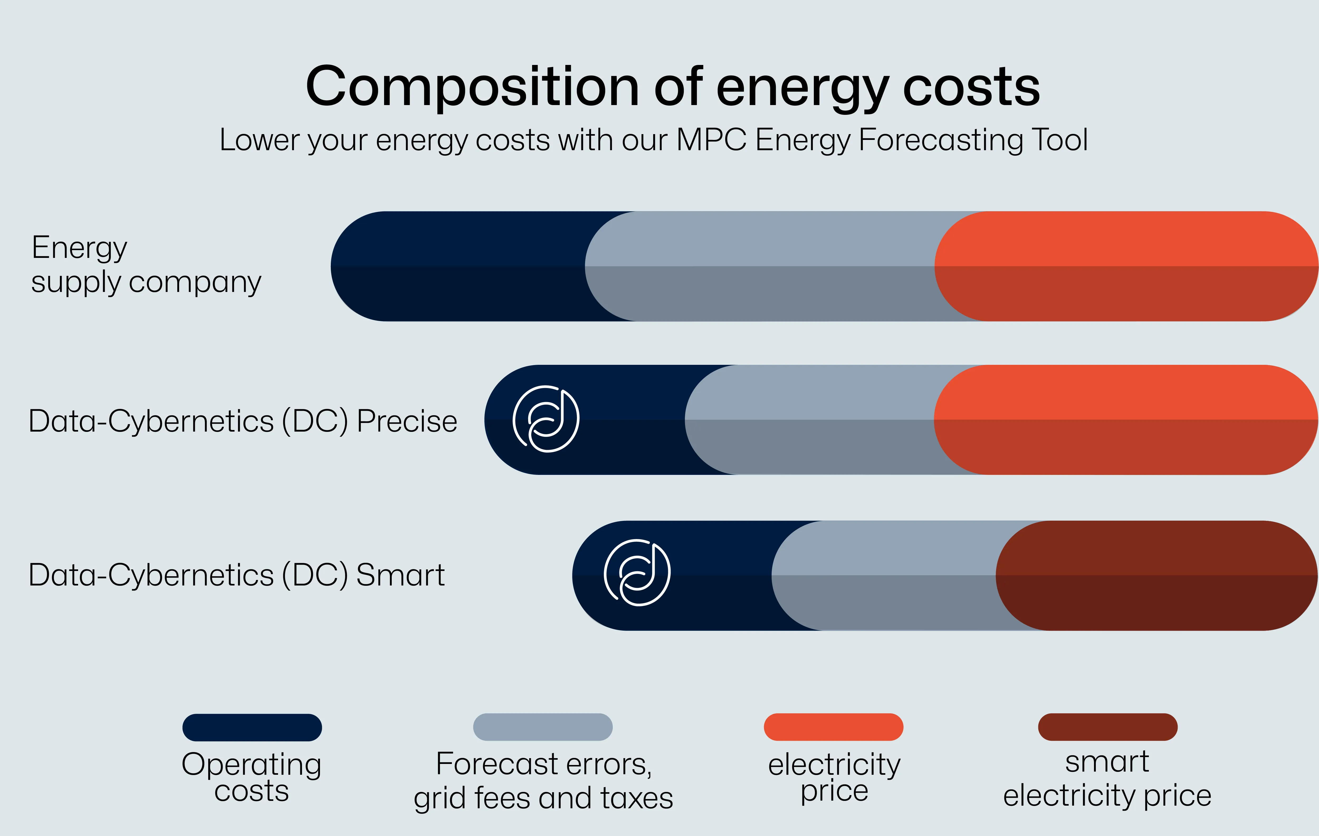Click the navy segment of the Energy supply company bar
coord(460,266)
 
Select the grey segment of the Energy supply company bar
coord(767,266)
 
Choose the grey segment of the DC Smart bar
coord(887,576)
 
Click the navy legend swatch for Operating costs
coord(252,728)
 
